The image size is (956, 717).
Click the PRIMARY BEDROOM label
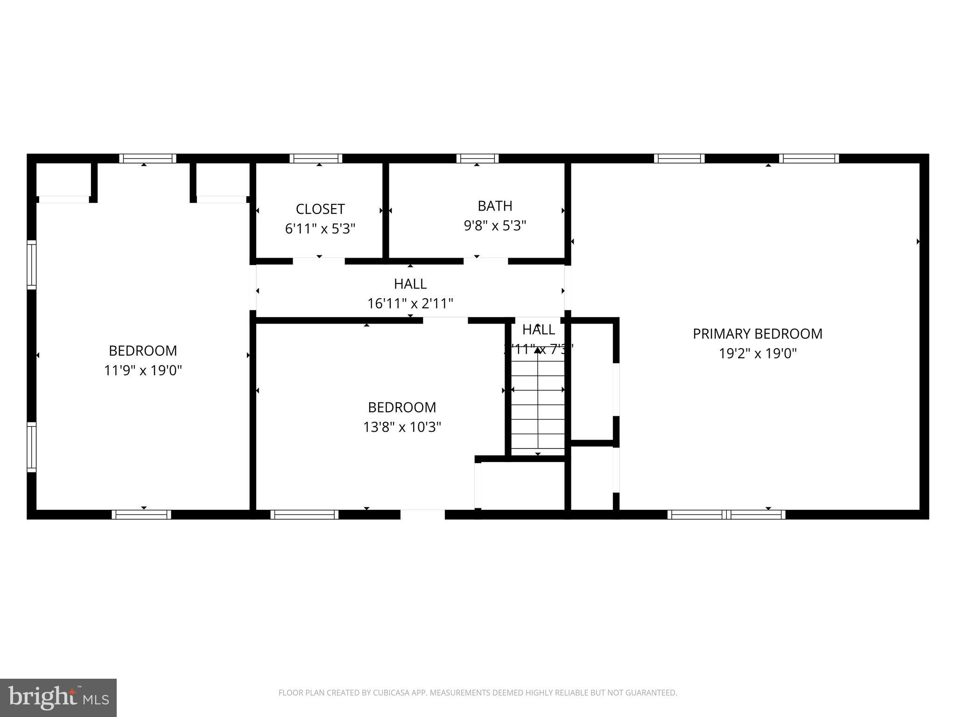point(757,334)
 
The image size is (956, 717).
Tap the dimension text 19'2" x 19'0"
point(757,353)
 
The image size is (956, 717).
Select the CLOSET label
point(320,209)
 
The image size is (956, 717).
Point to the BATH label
point(495,206)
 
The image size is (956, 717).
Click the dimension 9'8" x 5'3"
point(495,226)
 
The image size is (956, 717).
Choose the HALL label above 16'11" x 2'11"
point(410,284)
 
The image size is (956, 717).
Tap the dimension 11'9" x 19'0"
point(143,371)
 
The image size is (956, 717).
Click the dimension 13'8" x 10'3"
point(402,427)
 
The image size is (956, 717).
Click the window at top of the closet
point(316,159)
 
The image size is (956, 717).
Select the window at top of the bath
point(477,159)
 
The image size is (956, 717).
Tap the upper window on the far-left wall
point(31,265)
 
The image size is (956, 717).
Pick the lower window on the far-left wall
point(31,447)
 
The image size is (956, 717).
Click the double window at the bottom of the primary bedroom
point(726,514)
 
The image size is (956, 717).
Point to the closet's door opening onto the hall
point(319,261)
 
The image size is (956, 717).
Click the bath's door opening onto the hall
point(485,261)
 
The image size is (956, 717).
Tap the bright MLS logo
point(58,697)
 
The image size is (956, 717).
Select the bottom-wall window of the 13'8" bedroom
point(304,514)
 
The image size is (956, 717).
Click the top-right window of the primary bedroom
point(808,159)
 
